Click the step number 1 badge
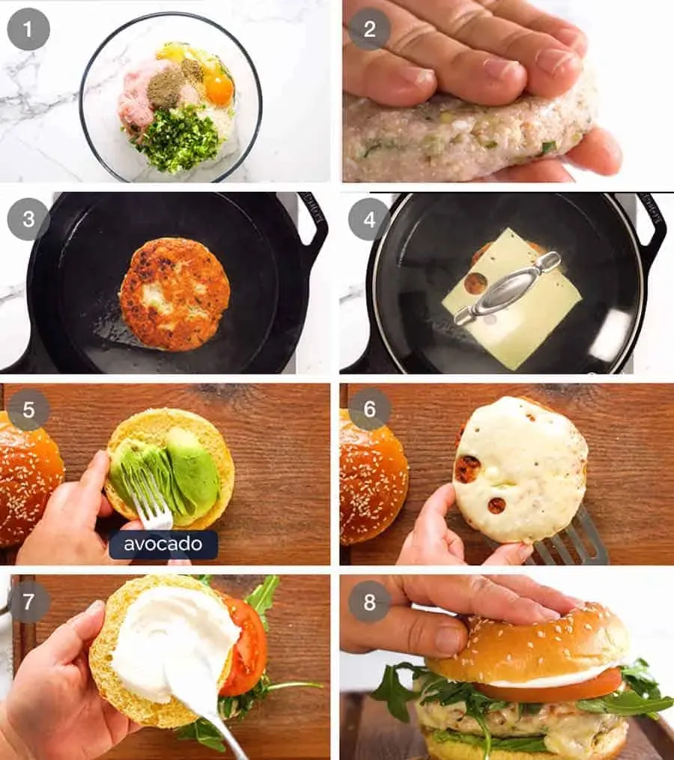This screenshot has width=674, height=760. click(28, 29)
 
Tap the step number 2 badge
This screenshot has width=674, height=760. click(369, 29)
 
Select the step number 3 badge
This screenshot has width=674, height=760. click(28, 219)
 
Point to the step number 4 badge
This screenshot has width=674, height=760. click(369, 219)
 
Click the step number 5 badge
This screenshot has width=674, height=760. click(28, 410)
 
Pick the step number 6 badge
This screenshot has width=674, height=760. click(369, 410)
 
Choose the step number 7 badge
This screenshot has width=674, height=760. click(28, 602)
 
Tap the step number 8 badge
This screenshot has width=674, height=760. click(369, 602)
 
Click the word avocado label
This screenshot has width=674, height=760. click(163, 544)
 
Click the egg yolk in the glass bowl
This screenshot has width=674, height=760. click(219, 88)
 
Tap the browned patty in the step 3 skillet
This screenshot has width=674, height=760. click(175, 294)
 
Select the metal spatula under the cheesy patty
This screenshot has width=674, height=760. click(577, 538)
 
